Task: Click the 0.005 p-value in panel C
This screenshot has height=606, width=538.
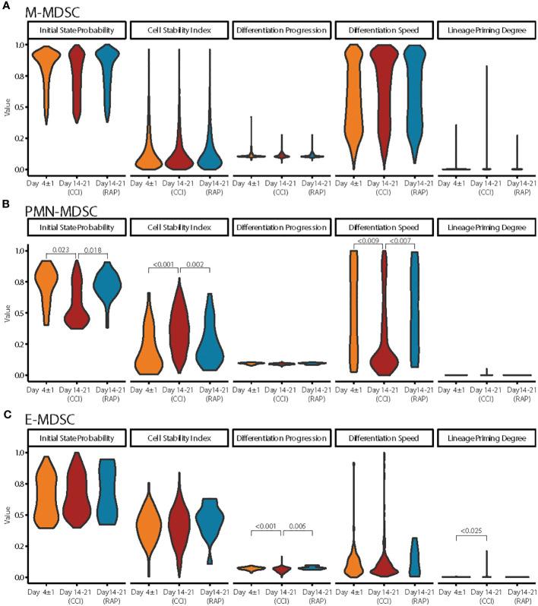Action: [297, 524]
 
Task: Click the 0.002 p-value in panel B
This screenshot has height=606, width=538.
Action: [196, 266]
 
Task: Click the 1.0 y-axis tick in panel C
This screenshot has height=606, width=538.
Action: [15, 453]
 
